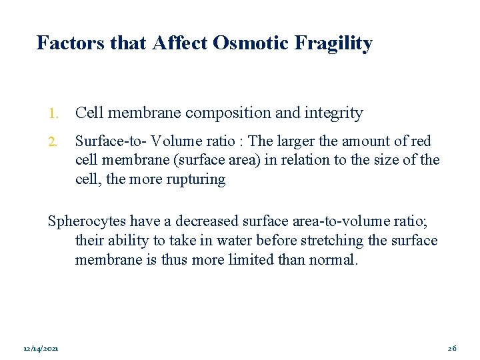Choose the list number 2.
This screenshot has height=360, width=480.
(53, 141)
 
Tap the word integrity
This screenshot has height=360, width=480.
(333, 114)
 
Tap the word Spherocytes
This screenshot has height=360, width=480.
(86, 221)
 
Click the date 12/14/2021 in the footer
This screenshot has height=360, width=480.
(40, 349)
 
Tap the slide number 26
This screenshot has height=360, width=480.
(452, 349)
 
